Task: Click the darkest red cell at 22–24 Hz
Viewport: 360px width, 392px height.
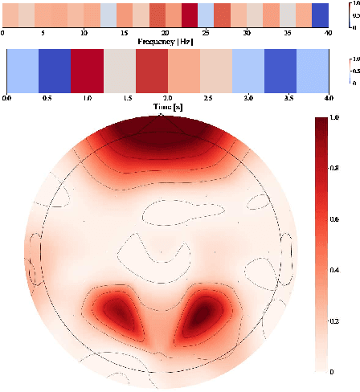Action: (x=190, y=15)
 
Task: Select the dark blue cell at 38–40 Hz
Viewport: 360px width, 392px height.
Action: (x=321, y=15)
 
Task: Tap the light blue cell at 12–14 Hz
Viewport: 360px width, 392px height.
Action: (x=108, y=15)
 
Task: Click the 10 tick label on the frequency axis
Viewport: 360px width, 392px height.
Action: (x=84, y=33)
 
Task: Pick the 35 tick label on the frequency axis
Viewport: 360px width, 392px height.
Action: (x=288, y=33)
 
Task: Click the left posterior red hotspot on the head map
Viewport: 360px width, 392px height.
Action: (x=119, y=309)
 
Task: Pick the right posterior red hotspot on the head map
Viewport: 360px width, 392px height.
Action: (x=204, y=309)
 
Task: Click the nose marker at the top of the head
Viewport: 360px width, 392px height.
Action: (x=161, y=116)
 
